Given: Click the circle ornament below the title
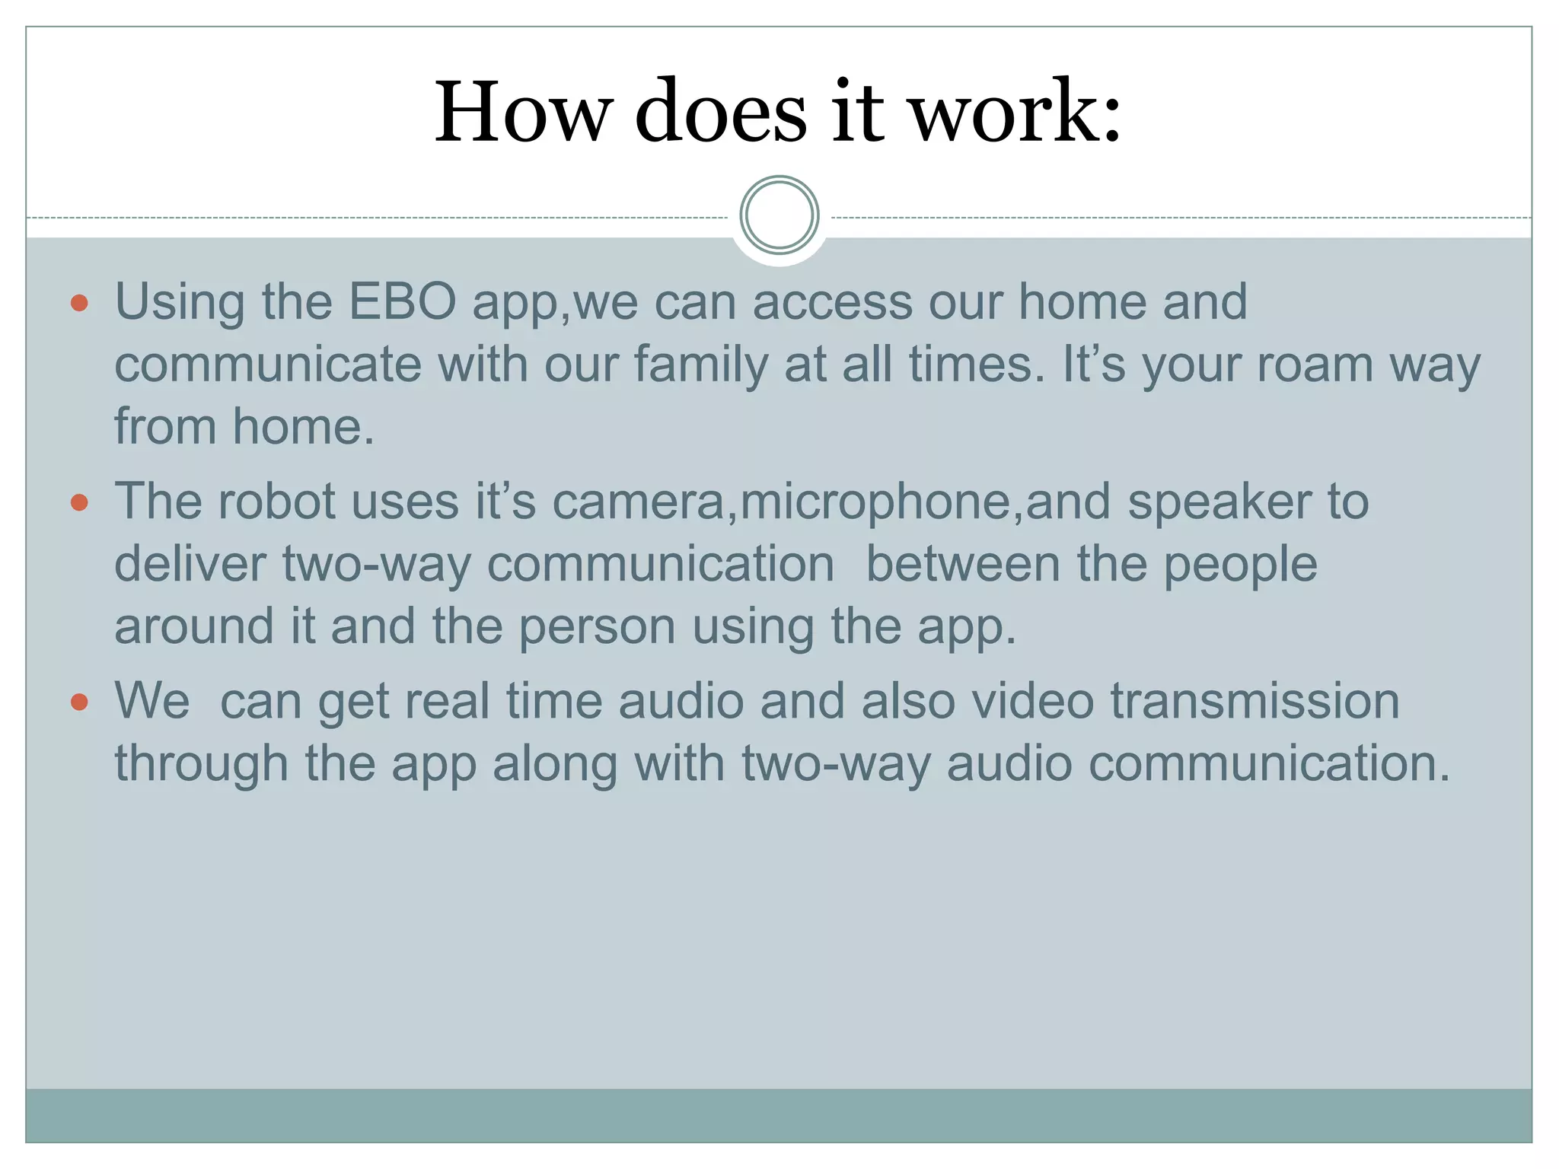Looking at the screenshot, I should coord(779,215).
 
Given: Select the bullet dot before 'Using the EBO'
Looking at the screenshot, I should coord(79,304).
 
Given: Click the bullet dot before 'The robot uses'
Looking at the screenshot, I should coord(79,503).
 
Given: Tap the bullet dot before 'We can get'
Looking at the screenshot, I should coord(79,702).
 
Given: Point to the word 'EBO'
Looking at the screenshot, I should coord(402,302).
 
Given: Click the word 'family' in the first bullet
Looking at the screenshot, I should coord(700,365).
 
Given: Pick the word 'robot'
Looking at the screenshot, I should coord(276,502).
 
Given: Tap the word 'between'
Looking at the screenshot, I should coord(963,565).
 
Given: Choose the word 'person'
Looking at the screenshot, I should coord(598,627).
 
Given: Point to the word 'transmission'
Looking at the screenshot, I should coord(1255,701).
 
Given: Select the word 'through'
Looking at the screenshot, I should coord(201,764).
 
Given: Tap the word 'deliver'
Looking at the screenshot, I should coord(190,565).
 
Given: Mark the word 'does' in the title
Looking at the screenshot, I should coord(720,112).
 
